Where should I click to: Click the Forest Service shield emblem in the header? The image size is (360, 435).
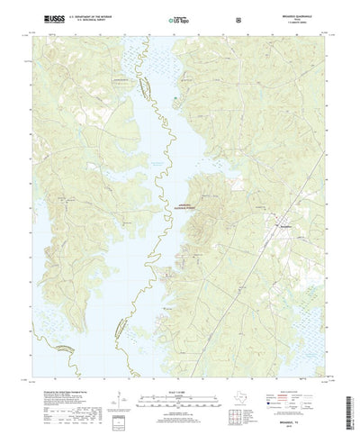click(x=238, y=18)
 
